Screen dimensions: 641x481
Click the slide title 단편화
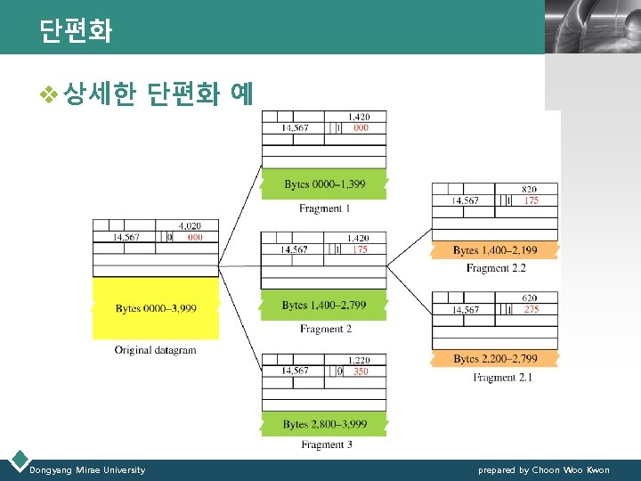point(76,32)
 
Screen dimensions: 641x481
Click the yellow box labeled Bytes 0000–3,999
point(156,308)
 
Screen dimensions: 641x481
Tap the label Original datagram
point(155,350)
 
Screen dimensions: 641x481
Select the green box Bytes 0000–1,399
point(324,184)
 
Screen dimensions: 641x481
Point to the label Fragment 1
point(325,208)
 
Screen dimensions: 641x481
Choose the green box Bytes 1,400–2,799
point(324,306)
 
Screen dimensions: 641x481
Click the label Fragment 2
point(325,330)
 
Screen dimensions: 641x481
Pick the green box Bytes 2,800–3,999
point(325,424)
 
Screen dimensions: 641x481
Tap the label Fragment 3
point(325,444)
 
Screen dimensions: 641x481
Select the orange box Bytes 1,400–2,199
point(495,251)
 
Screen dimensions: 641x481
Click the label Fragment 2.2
point(496,268)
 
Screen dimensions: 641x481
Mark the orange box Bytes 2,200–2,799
point(495,359)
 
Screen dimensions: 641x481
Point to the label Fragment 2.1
point(502,378)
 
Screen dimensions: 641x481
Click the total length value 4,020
point(189,226)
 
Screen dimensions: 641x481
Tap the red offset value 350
point(360,371)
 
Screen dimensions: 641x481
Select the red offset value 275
point(531,309)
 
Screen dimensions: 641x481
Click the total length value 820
point(529,190)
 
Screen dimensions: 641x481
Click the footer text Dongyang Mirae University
point(87,470)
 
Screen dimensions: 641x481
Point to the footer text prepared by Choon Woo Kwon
point(543,470)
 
